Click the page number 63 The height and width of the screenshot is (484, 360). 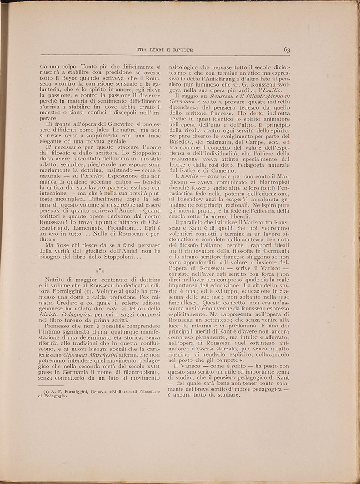pos(287,50)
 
